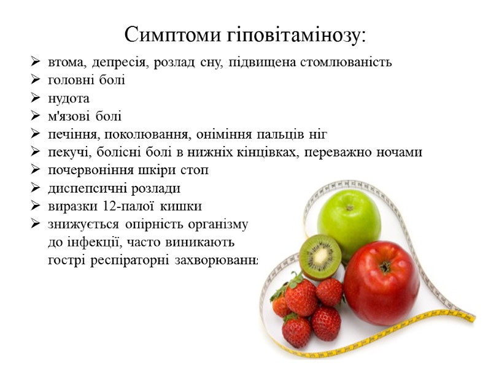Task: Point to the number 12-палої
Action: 122,205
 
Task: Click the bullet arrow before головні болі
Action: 35,80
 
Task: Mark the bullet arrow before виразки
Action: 35,205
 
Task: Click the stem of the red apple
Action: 385,267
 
